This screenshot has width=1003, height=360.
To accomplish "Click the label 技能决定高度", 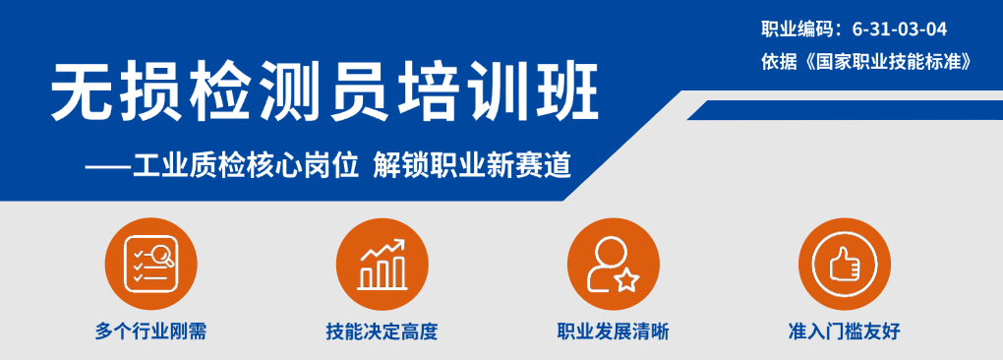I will click(382, 331).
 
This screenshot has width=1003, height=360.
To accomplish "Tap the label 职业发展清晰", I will click(613, 331).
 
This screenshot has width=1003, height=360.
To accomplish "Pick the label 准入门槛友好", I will click(844, 331).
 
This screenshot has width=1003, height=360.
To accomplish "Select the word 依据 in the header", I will click(777, 60).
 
